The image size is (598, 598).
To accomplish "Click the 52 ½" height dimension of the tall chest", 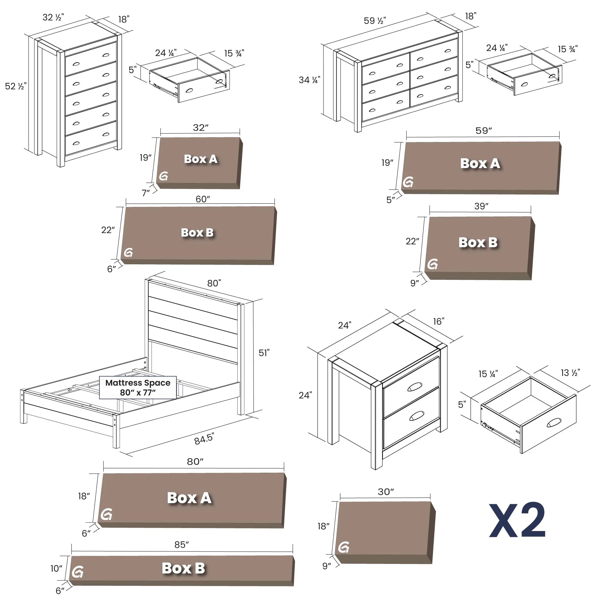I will coord(16,86).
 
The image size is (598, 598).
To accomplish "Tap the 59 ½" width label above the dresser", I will coord(375,21).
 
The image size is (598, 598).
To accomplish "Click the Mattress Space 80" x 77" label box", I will coord(138,388).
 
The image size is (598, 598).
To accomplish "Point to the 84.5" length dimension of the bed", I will coord(204,439).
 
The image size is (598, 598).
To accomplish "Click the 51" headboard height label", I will coord(264,353).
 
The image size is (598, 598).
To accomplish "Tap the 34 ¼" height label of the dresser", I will coord(309,80).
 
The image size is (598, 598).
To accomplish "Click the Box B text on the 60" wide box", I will coord(197,232).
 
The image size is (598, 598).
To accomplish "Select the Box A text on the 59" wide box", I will coord(480,164).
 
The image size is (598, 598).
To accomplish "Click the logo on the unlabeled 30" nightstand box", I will coord(344,547).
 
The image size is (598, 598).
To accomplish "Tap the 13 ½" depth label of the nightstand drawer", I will coord(570,373).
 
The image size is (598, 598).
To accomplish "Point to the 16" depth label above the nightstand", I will coord(438,321).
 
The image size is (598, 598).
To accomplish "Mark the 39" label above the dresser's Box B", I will coord(481,206).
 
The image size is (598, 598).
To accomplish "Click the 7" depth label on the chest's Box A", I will coord(146,193).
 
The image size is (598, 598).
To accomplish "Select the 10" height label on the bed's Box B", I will coord(56,568).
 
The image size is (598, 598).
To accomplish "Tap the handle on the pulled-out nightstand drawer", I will coord(554,422).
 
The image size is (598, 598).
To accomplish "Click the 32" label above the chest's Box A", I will coord(201,128).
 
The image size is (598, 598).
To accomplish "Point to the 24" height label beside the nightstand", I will coord(305,395).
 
